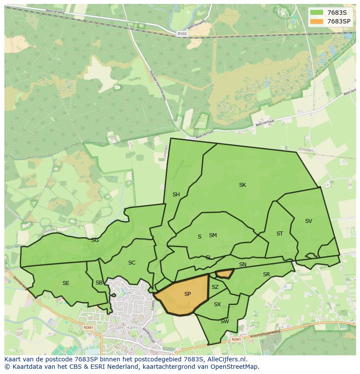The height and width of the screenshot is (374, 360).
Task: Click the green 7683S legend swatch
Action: tap(317, 12)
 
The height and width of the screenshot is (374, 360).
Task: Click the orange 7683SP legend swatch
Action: tap(317, 21)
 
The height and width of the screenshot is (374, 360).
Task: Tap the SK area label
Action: tap(243, 185)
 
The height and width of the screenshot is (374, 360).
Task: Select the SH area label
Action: tap(176, 195)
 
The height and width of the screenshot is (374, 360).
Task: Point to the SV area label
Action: tap(309, 221)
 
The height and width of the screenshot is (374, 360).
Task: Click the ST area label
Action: tap(280, 234)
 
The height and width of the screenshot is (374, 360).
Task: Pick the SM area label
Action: tap(213, 235)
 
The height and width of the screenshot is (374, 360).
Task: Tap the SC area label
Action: tap(132, 263)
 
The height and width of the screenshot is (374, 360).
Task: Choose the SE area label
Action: tap(66, 283)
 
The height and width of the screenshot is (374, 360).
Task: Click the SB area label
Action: tap(99, 283)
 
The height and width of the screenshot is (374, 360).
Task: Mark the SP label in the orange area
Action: tap(187, 294)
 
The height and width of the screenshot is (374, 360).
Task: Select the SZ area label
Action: tap(215, 287)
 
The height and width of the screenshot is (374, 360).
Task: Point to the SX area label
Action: tap(217, 304)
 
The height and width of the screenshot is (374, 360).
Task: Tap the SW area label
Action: tap(224, 321)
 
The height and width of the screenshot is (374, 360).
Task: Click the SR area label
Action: tap(267, 275)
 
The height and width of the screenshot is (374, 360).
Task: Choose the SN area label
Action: tap(243, 265)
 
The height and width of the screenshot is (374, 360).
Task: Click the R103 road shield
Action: tap(182, 33)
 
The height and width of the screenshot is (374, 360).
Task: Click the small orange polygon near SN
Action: tap(225, 273)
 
